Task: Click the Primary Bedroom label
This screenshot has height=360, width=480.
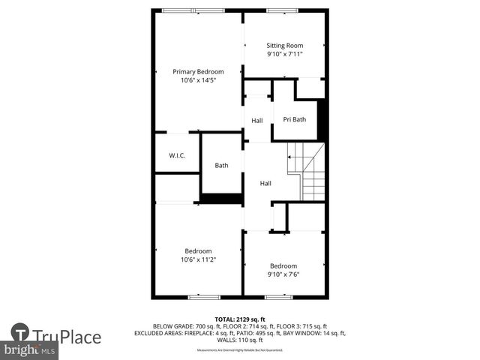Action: [x=198, y=72]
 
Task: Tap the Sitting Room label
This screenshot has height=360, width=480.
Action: [x=284, y=46]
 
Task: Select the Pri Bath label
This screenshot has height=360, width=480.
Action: [x=294, y=119]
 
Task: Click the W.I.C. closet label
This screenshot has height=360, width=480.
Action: [x=177, y=155]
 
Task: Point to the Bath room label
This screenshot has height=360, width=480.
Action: [x=221, y=166]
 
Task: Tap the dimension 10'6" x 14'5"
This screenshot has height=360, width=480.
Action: [x=198, y=81]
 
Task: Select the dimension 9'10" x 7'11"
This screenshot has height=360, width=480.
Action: [x=284, y=55]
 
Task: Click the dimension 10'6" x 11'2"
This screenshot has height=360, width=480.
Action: [x=198, y=260]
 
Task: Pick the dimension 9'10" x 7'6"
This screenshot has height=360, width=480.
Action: [x=283, y=275]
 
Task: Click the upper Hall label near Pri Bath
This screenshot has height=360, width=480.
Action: [x=257, y=120]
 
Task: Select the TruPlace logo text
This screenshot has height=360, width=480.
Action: [x=67, y=336]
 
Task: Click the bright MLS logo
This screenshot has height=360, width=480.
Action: [x=29, y=350]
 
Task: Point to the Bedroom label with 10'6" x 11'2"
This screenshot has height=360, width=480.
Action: [x=198, y=251]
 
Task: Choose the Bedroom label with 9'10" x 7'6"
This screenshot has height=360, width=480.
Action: [x=283, y=266]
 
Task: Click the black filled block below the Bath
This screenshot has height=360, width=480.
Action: [x=220, y=199]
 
